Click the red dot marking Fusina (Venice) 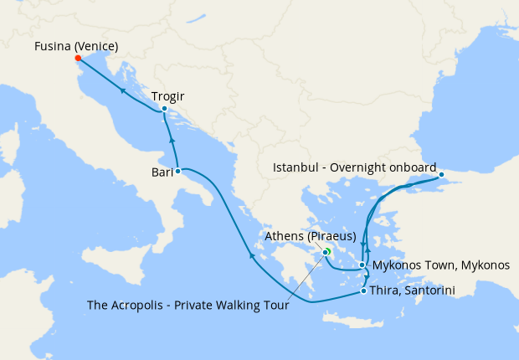coord(77,59)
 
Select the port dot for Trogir coord(164,109)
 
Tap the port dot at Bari coord(177,171)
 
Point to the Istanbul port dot coord(442,175)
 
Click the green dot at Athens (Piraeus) coord(326,250)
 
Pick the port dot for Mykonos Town coord(362,265)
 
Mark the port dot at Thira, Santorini coord(362,291)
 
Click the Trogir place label coord(169,96)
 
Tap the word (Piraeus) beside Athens coord(327,236)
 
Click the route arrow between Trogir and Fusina coord(122,90)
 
